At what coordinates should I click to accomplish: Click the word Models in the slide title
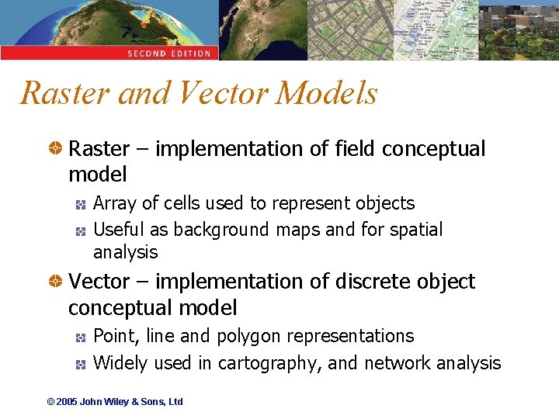326,93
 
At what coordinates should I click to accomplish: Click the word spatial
416,230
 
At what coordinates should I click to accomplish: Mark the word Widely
120,363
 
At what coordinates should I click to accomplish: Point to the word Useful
119,230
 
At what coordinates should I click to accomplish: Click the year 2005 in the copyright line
67,402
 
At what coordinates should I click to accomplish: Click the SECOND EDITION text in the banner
169,54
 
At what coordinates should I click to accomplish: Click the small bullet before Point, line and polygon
80,337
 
